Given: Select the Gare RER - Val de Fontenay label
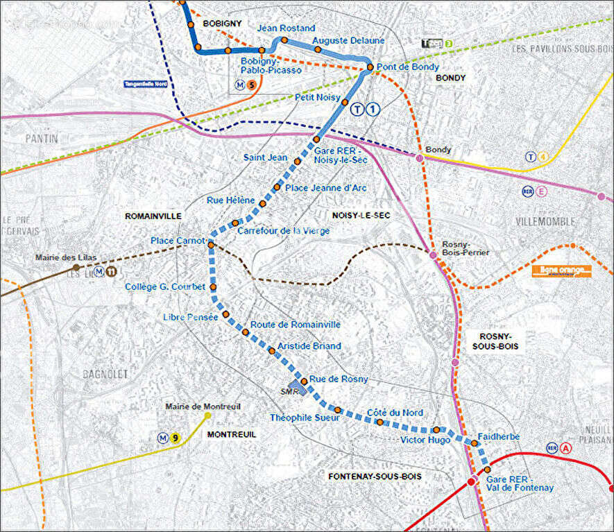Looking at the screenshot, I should click(520, 483).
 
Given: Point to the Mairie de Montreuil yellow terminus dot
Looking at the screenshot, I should click(208, 416).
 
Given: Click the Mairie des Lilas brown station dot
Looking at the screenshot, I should click(76, 267).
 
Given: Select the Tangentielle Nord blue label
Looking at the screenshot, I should click(146, 85).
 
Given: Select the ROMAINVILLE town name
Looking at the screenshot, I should click(153, 216).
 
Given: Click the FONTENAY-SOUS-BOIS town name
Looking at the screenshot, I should click(375, 477).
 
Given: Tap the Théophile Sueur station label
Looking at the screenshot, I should click(304, 418).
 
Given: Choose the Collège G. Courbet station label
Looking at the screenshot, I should click(165, 287).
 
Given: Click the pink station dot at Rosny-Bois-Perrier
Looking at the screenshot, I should click(433, 256).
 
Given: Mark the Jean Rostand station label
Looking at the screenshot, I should click(286, 28).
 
